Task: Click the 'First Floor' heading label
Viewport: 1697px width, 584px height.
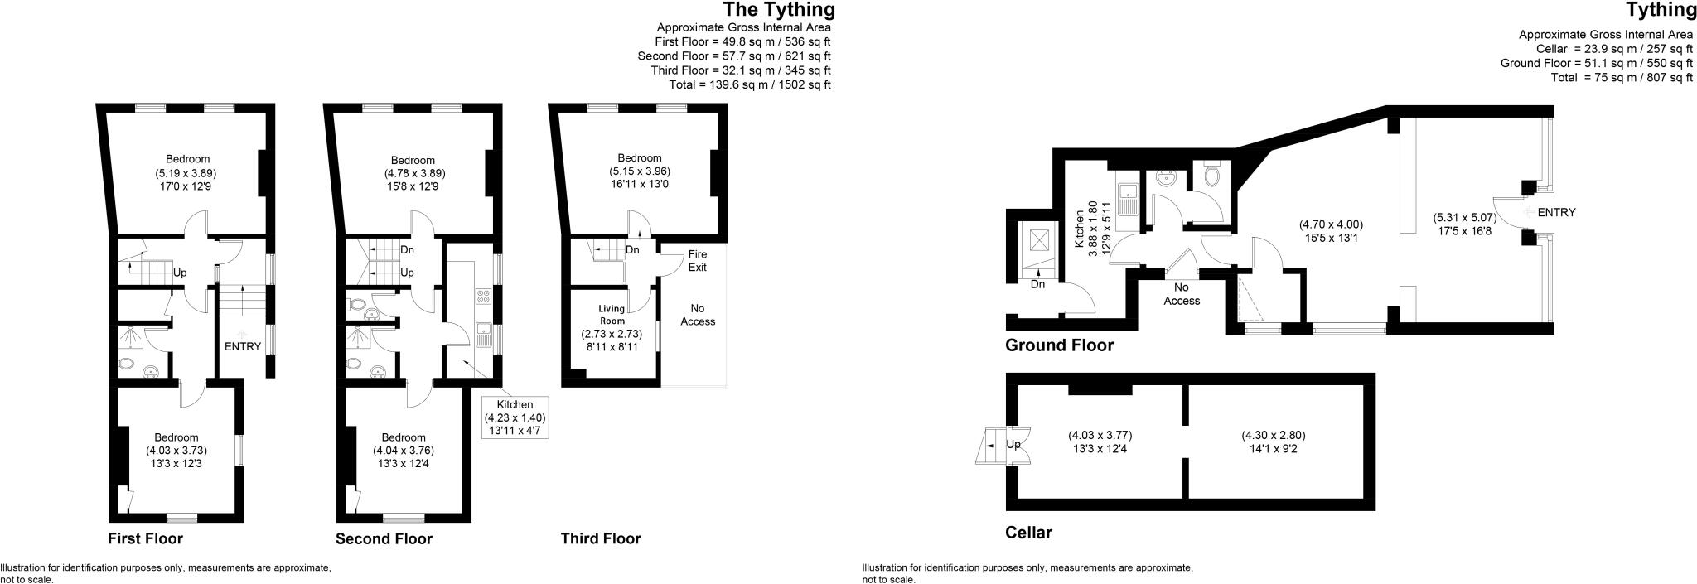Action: pos(145,538)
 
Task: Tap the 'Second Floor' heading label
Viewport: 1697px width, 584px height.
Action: pos(384,538)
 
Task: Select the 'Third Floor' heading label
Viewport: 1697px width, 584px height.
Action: pos(600,538)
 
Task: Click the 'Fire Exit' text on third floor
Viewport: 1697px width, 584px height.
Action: pos(698,261)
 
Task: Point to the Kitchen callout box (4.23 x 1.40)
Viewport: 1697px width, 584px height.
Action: pos(515,417)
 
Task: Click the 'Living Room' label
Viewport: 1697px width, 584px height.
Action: pos(612,315)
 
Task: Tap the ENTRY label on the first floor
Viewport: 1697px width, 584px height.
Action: pos(243,346)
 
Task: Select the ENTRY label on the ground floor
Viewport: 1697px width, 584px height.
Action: pos(1555,212)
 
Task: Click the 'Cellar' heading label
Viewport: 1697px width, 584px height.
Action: pos(1028,533)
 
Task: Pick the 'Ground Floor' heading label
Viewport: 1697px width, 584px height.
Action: pos(1059,345)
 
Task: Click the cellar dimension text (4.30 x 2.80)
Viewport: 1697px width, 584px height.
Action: pos(1273,442)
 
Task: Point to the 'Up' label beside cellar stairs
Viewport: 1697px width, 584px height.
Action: pos(1013,444)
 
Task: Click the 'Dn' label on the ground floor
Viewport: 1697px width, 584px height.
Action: pos(1037,284)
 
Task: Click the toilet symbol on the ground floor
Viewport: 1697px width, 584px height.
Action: pos(1212,175)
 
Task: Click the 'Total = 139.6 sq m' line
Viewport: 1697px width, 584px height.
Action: pos(749,84)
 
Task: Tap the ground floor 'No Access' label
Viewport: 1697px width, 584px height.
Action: pos(1181,294)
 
